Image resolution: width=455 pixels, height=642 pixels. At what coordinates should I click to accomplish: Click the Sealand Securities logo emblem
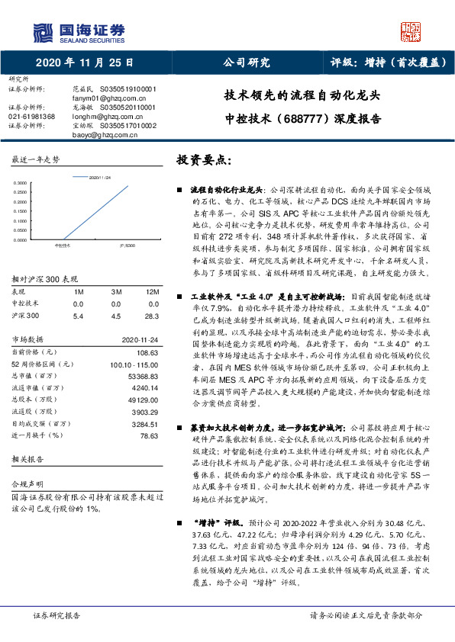44,30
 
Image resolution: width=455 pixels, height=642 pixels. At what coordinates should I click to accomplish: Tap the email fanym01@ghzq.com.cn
103,98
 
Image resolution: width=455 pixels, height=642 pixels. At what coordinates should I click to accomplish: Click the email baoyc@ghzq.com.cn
102,135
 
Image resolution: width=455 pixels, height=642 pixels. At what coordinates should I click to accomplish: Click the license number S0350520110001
124,108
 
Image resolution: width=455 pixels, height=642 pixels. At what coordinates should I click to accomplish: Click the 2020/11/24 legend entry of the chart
100,176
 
